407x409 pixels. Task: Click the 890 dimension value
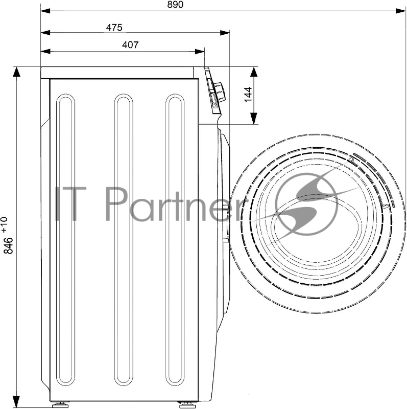pos(175,5)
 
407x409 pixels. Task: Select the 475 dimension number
pos(114,28)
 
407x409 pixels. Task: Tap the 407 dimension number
pos(130,45)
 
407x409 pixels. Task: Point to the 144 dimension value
pos(248,95)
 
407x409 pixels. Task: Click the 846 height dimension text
pos(8,245)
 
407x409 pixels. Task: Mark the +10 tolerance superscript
pos(5,224)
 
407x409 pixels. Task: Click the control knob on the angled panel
pos(220,93)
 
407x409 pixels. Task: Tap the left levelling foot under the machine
pos(60,405)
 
